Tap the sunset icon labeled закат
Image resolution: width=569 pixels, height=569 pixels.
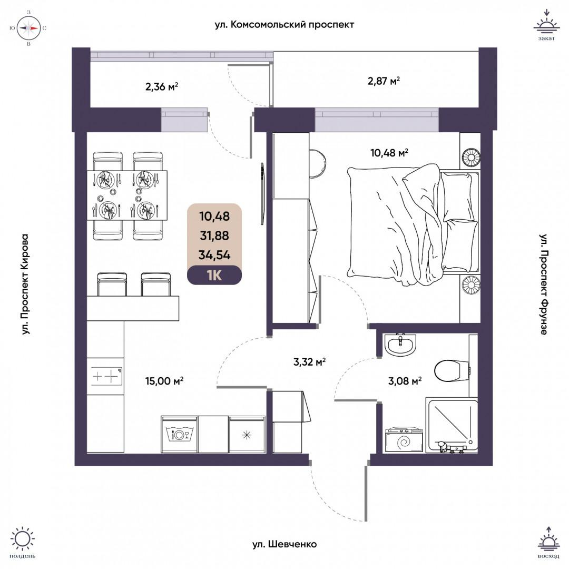pos(546,26)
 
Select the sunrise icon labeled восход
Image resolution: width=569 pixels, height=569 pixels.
pos(548,543)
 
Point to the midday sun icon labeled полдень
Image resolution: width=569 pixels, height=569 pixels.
pos(23,542)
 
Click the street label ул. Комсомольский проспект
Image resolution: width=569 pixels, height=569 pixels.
pos(284,24)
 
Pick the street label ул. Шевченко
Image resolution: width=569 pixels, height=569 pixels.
pos(284,544)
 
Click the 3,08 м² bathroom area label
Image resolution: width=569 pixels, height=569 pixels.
pos(405,381)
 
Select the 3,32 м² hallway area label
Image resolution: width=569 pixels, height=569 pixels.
pos(309,361)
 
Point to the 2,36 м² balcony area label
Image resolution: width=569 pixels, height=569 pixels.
pos(161,86)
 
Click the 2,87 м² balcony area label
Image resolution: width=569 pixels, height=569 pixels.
pos(384,81)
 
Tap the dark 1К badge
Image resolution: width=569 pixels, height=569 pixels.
pos(214,275)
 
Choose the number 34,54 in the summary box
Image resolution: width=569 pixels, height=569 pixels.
pos(214,256)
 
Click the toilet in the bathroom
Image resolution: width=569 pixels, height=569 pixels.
pos(453,370)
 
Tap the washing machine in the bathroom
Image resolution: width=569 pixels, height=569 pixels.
pos(405,440)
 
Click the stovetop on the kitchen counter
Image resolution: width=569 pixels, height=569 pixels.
pos(105,376)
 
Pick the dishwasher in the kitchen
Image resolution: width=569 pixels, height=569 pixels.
pos(179,434)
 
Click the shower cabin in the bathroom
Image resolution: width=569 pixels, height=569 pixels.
pos(452,426)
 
